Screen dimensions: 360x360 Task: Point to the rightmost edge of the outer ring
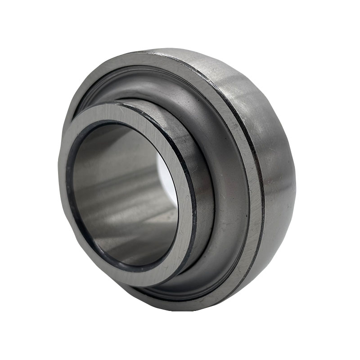295,189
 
